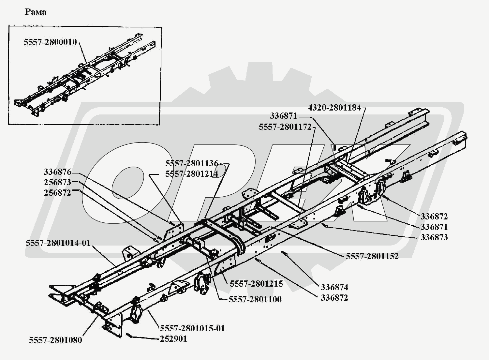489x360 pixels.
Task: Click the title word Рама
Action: tap(36, 12)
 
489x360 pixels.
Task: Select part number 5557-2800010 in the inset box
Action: tap(50, 42)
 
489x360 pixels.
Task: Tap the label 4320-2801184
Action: tap(334, 108)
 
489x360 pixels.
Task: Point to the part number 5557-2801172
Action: tap(285, 127)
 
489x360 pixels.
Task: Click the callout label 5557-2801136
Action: tap(191, 164)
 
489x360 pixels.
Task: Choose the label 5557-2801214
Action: tap(191, 174)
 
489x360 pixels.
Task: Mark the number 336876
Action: tap(57, 172)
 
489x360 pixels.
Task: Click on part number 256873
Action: tap(57, 182)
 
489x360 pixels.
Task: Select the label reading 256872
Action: tap(57, 193)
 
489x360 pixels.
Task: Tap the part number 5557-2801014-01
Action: tap(58, 243)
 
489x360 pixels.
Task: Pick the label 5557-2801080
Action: tap(55, 340)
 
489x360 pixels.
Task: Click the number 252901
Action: tap(173, 339)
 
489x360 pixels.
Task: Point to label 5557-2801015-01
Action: tap(192, 328)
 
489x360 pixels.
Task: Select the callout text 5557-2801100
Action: tap(255, 299)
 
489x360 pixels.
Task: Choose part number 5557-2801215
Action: tap(256, 284)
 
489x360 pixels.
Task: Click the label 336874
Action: tap(334, 287)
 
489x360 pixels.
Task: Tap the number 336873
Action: tap(434, 237)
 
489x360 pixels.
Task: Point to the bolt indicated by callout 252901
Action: tap(129, 335)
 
